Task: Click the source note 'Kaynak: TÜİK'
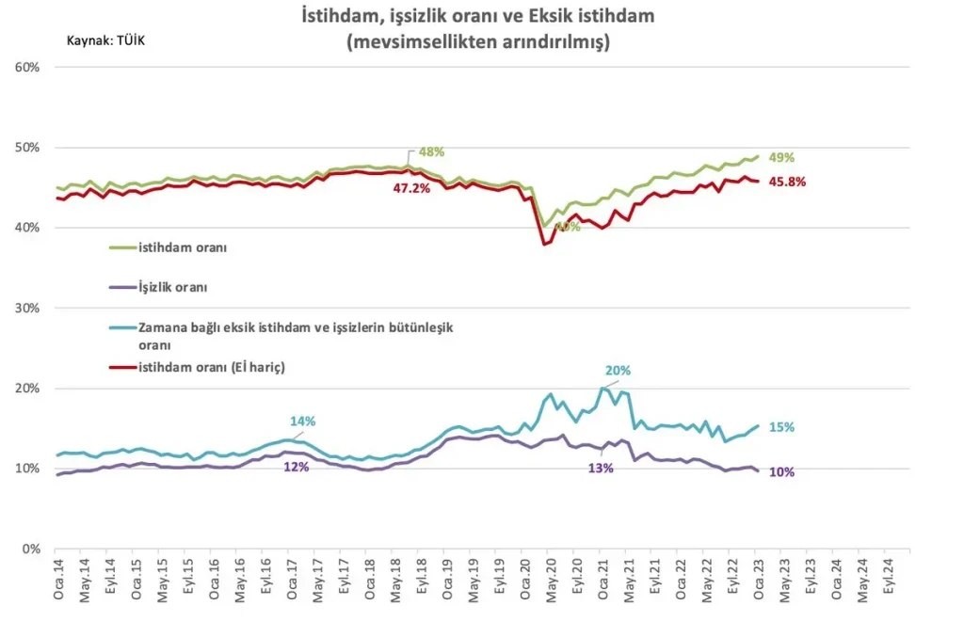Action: tap(106, 42)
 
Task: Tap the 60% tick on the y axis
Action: tap(26, 68)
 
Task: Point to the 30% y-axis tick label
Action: tap(26, 309)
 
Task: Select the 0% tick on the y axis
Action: tap(30, 549)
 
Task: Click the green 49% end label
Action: tap(781, 158)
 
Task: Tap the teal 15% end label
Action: tap(781, 427)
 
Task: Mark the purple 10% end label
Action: tap(781, 472)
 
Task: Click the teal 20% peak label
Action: tap(618, 371)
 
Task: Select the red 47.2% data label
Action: tap(411, 189)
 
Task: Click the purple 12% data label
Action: tap(296, 468)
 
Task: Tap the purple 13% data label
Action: tap(600, 469)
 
